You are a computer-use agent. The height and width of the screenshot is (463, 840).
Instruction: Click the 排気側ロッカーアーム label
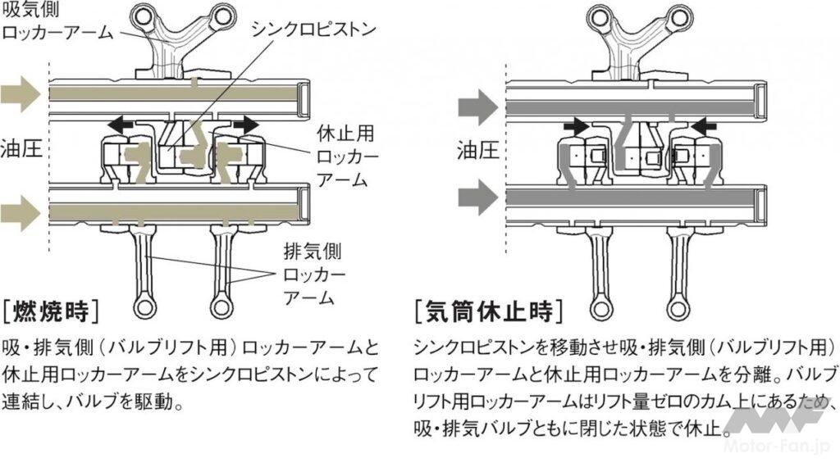pos(313,274)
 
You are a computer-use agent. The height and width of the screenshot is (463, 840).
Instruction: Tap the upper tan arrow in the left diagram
pos(19,94)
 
